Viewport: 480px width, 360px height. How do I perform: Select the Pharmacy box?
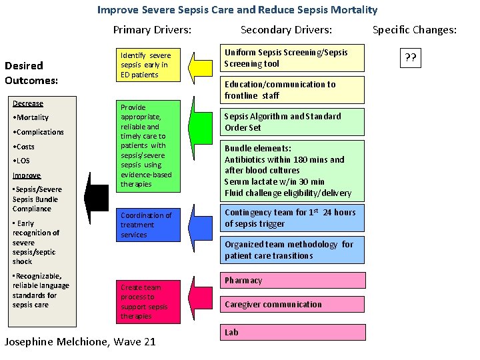coord(293,281)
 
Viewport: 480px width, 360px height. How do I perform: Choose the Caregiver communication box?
coord(293,305)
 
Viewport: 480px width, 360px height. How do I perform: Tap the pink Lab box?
coord(293,332)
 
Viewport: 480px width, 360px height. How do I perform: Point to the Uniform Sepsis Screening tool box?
coord(293,59)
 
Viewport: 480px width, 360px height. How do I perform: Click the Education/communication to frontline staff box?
coord(293,89)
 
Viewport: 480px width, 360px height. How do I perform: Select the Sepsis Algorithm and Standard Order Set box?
coord(293,122)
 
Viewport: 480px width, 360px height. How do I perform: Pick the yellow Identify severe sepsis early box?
coord(150,65)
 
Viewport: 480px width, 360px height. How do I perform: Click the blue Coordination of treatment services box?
coord(150,225)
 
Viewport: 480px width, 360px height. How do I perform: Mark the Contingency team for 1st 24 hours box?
coord(293,217)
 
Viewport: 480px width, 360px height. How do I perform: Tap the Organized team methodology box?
coord(293,250)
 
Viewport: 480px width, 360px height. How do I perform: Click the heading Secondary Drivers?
coord(286,29)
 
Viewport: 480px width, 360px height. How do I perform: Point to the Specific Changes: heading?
coord(414,29)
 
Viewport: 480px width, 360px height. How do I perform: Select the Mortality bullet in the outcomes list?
coord(31,118)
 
